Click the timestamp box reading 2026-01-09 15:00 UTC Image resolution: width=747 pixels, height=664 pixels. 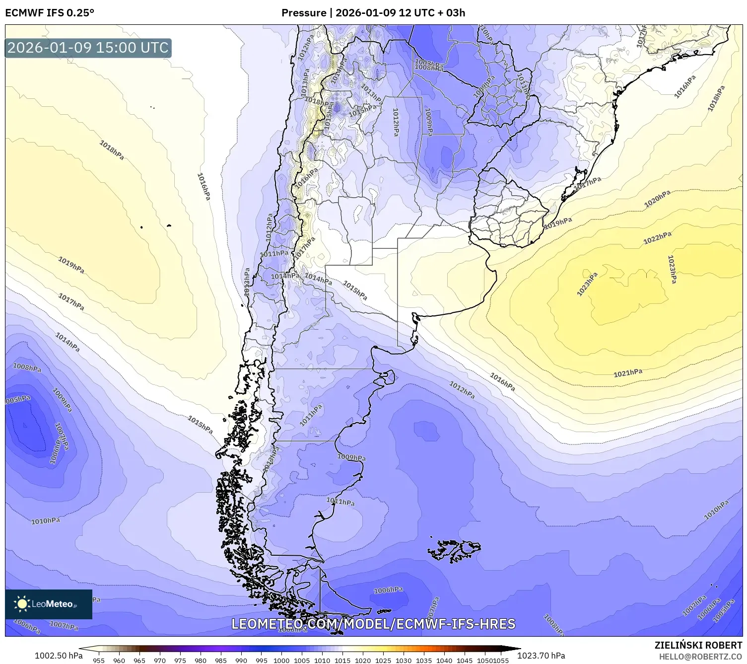pyautogui.click(x=88, y=48)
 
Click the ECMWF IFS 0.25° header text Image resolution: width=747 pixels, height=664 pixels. pyautogui.click(x=50, y=13)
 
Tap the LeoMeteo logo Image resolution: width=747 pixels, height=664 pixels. pyautogui.click(x=48, y=604)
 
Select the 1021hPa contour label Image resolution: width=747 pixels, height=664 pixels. pyautogui.click(x=628, y=372)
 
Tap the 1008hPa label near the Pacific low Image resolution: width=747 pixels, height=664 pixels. pyautogui.click(x=27, y=368)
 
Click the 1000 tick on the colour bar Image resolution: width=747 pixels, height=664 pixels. pyautogui.click(x=281, y=660)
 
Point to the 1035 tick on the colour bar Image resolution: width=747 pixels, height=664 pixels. pyautogui.click(x=424, y=660)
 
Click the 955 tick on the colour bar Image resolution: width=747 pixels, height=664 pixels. pyautogui.click(x=99, y=660)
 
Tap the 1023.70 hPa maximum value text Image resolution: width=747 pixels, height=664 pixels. pyautogui.click(x=541, y=656)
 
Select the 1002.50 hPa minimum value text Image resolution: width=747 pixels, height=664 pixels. pyautogui.click(x=59, y=656)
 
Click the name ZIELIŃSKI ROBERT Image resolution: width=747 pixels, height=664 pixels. pyautogui.click(x=698, y=645)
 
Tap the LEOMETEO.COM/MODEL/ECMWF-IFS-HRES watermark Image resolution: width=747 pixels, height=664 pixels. pyautogui.click(x=373, y=624)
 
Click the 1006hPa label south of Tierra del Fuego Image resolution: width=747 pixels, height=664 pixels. pyautogui.click(x=388, y=590)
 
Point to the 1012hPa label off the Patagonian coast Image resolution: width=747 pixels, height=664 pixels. pyautogui.click(x=462, y=390)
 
